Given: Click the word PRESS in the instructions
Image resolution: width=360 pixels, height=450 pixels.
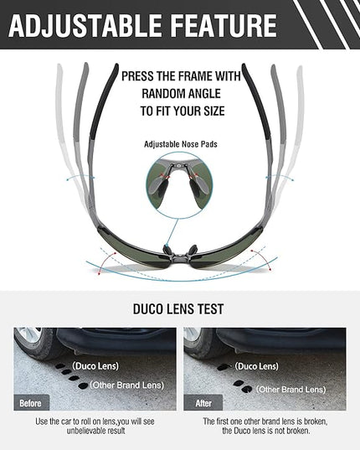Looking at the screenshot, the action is [137, 76].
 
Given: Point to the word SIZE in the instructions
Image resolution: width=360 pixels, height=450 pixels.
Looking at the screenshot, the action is [214, 111].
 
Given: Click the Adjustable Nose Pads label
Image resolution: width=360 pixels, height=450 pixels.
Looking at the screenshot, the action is [181, 144].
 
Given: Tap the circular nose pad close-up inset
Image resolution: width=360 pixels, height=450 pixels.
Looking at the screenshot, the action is [179, 185].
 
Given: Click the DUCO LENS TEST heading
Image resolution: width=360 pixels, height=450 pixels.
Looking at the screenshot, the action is [178, 309].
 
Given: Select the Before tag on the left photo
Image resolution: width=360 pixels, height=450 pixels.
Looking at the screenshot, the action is [30, 403].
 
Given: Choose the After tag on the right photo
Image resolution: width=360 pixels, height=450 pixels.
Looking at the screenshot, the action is [203, 403].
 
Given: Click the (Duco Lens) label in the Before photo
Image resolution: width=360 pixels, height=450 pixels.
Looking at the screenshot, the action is [95, 366].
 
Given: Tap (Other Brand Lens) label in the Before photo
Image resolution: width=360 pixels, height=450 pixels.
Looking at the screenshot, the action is [127, 385].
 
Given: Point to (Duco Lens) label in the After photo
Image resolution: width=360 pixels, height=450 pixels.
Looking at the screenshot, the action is [256, 366].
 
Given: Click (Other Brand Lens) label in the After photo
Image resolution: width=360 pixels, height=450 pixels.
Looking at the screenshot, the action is [291, 390].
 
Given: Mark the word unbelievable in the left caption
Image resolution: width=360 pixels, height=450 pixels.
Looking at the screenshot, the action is [86, 431].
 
